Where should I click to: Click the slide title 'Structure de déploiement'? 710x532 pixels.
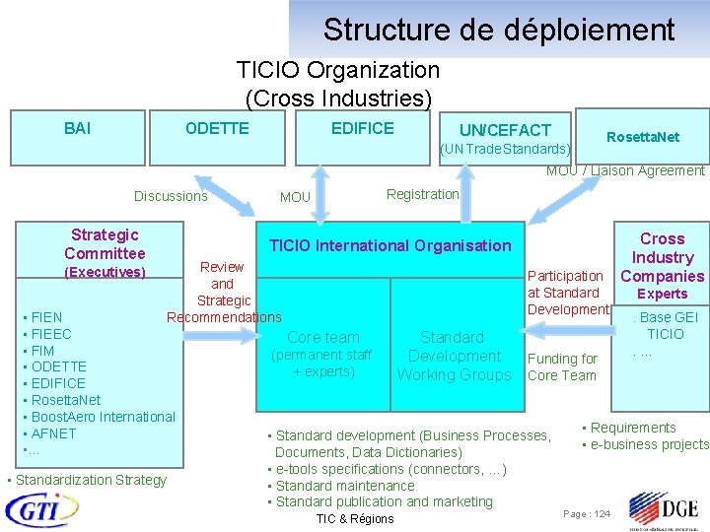[x=498, y=30]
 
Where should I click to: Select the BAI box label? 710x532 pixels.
[x=78, y=129]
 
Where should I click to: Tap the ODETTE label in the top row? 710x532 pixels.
[x=217, y=129]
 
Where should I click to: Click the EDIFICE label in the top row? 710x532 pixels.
[x=362, y=129]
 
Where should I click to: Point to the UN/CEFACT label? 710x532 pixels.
[x=505, y=130]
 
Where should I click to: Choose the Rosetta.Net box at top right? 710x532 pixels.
[x=642, y=137]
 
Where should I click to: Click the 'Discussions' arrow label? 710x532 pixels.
[x=171, y=196]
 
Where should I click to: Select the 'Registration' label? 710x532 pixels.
[x=422, y=194]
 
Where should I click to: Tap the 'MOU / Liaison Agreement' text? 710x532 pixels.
[x=625, y=170]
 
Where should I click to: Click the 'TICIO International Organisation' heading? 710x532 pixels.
[x=390, y=245]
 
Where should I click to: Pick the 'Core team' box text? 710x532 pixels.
[x=323, y=338]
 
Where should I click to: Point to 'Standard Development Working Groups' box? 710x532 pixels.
[x=454, y=356]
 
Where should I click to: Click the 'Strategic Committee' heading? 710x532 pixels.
[x=105, y=244]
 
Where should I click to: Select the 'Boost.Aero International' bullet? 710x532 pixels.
[x=103, y=417]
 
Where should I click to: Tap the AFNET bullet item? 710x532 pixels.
[x=53, y=433]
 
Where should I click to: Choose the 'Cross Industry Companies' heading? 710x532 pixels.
[x=662, y=257]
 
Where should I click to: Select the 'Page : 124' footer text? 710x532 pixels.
[x=587, y=514]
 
